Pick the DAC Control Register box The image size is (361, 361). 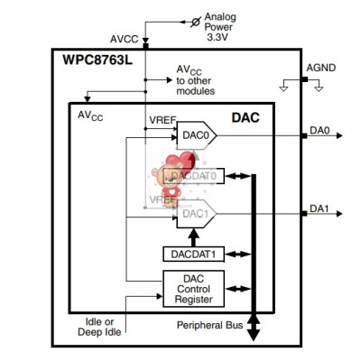tap(192, 286)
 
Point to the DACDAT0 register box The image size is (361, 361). tap(192, 176)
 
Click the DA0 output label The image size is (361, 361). tap(319, 130)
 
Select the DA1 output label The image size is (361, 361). tap(319, 208)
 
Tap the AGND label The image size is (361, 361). tap(321, 68)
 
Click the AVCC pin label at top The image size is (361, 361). tap(124, 40)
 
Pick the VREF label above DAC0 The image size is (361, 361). tap(162, 119)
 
